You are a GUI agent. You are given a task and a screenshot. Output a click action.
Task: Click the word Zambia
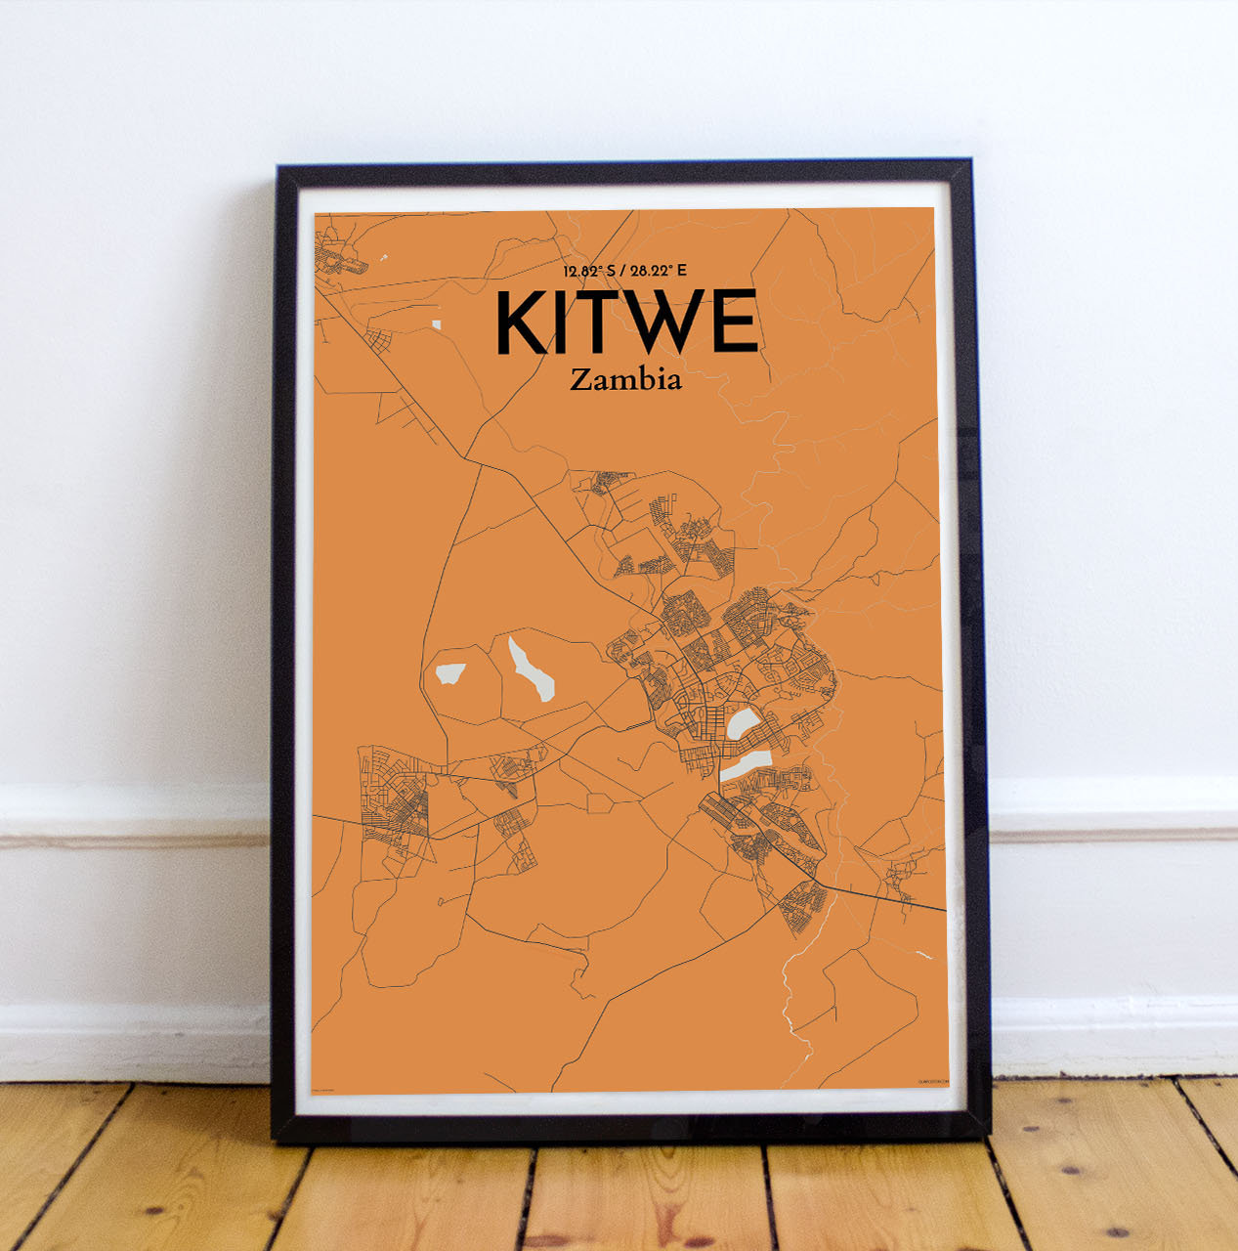click(x=625, y=379)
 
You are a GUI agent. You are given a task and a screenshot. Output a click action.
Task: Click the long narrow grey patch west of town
click(x=530, y=669)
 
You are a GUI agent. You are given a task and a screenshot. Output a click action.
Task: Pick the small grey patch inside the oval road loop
click(x=450, y=673)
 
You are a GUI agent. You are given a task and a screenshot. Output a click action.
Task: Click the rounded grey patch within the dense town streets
click(x=743, y=724)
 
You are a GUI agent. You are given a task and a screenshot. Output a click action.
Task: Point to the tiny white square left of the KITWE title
click(x=436, y=324)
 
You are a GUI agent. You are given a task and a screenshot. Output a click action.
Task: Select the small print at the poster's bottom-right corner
click(x=932, y=1081)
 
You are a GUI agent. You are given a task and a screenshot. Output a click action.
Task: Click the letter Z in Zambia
click(x=579, y=380)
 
